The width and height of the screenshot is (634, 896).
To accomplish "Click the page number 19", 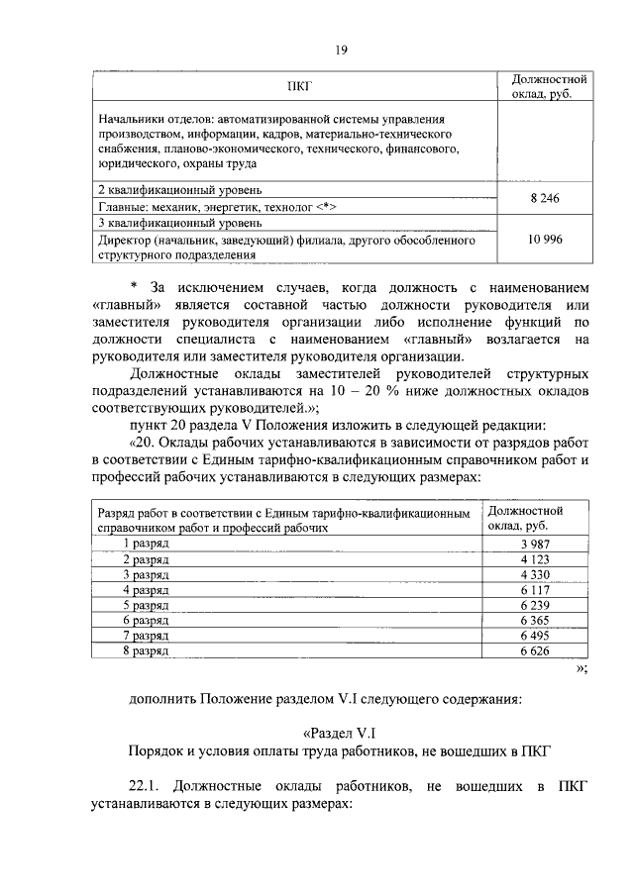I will click(341, 50).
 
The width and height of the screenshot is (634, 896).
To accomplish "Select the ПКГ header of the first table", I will click(300, 86).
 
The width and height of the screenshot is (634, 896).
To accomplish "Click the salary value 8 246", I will click(544, 198).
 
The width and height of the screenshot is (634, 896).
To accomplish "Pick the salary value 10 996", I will click(544, 239).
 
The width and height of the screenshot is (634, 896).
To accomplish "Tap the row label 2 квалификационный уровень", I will click(179, 188).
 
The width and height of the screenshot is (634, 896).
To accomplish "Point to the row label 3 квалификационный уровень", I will click(179, 224).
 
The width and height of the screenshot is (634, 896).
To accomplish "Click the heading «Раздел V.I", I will click(341, 733).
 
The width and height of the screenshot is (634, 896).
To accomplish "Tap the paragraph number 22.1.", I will click(146, 787).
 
